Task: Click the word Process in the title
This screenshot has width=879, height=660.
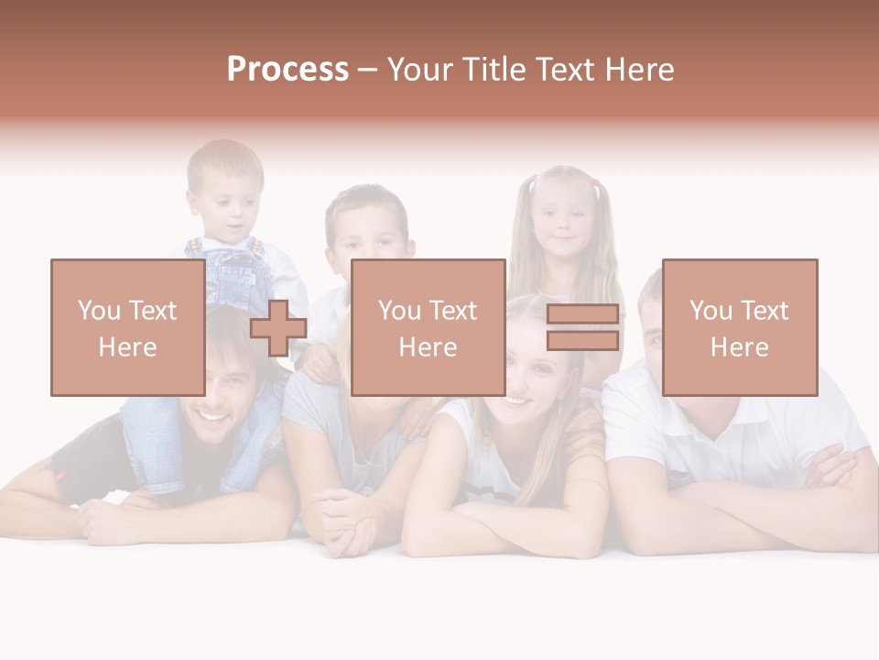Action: (288, 70)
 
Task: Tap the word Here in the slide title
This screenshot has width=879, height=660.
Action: (638, 70)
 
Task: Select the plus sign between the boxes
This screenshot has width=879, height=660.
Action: (278, 328)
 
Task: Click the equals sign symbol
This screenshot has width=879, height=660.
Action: (582, 328)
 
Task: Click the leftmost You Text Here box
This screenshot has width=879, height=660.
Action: (127, 327)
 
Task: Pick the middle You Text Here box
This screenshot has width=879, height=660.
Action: (428, 327)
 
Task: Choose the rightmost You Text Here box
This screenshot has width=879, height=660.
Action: (739, 327)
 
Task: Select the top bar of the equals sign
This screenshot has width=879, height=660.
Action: (582, 314)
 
